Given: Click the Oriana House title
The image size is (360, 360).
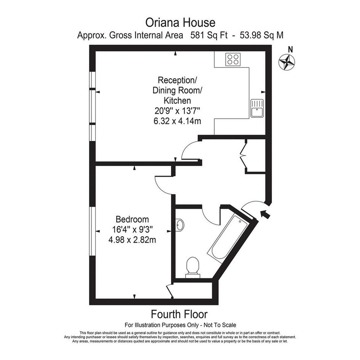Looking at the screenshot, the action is (x=180, y=23).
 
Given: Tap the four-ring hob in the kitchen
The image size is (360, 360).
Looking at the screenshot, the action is (x=233, y=59).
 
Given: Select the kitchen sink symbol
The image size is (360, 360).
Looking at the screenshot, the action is (x=257, y=108).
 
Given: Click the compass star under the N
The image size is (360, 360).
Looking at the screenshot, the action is (x=287, y=62).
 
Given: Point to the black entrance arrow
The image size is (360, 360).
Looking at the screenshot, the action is (x=265, y=214).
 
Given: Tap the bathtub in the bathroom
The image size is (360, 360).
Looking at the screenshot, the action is (x=227, y=239).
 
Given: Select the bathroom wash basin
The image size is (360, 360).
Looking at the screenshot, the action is (x=179, y=224).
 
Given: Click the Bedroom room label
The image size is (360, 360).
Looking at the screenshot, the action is (x=132, y=219).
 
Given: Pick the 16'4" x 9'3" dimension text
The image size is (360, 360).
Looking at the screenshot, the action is (x=132, y=229).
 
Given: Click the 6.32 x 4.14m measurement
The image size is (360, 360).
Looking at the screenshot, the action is (x=177, y=121).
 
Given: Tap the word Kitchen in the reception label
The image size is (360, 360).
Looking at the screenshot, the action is (x=177, y=101).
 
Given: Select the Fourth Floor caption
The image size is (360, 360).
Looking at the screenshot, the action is (x=179, y=314).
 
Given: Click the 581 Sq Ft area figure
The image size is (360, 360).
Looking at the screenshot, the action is (x=209, y=35).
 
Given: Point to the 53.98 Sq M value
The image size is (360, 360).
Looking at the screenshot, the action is (x=261, y=35).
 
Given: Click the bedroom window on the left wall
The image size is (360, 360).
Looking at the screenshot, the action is (x=92, y=232).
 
